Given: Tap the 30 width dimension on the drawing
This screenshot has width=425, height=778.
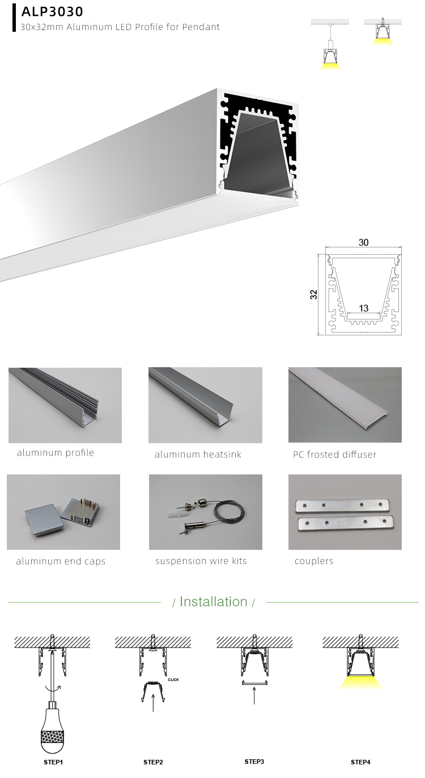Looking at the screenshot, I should click(x=363, y=242).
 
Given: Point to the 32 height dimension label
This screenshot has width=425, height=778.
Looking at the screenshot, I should click(x=314, y=294).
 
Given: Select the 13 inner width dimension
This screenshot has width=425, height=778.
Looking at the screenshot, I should click(x=363, y=308).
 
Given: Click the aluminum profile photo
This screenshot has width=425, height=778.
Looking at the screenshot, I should click(x=65, y=405).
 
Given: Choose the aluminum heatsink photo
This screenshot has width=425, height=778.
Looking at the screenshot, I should click(x=205, y=405).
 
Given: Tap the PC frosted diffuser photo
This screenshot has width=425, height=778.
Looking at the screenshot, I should click(x=345, y=405).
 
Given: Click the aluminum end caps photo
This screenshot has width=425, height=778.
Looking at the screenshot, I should click(x=63, y=512).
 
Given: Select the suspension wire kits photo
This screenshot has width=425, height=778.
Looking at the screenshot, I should click(x=205, y=512).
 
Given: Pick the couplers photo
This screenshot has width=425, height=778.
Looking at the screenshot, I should click(x=345, y=512).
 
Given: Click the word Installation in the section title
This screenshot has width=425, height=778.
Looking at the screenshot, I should click(x=214, y=602).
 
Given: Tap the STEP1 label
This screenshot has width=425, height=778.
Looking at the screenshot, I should click(x=53, y=762).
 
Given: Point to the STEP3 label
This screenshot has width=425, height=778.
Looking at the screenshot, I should click(x=254, y=762).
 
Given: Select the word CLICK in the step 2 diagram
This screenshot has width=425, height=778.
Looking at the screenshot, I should click(x=173, y=679).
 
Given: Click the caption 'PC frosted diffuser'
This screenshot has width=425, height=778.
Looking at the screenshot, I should click(x=334, y=455).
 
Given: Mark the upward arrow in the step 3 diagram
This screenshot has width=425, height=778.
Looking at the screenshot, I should click(x=254, y=695).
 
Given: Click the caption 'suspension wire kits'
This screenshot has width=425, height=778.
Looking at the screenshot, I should click(x=201, y=561).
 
